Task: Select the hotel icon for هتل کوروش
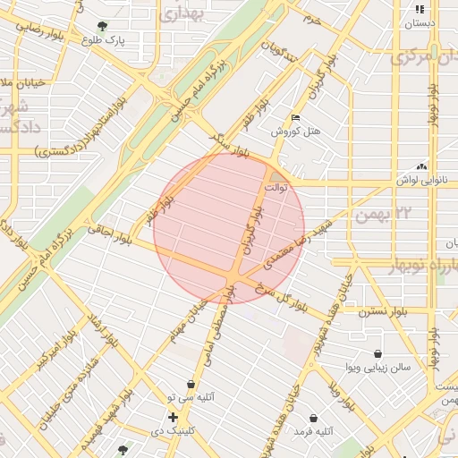[296, 118]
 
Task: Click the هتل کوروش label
[296, 131]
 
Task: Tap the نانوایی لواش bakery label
[421, 180]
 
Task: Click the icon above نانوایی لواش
[421, 166]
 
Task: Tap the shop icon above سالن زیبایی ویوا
[378, 354]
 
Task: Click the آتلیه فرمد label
[313, 431]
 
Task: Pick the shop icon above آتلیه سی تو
[191, 384]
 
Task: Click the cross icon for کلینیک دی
[173, 418]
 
